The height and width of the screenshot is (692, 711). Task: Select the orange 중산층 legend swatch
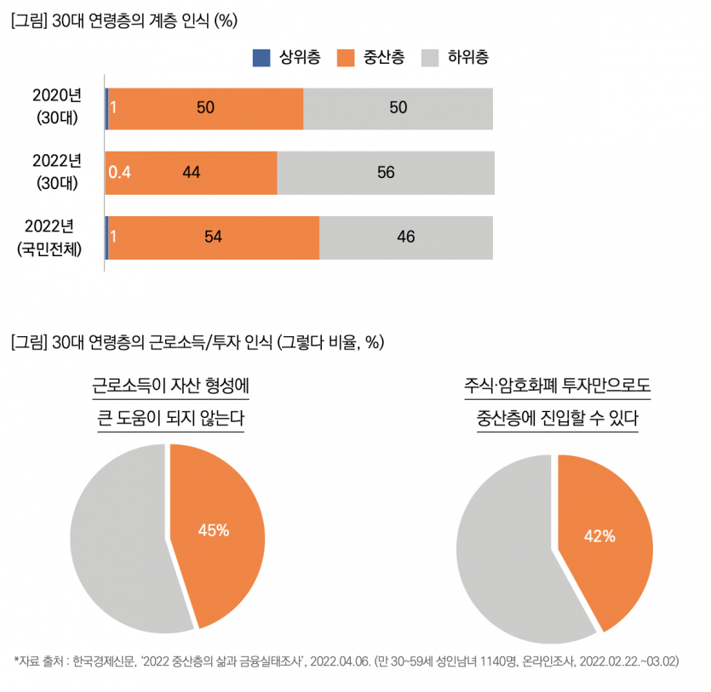(344, 58)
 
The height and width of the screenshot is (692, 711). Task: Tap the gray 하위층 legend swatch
(429, 58)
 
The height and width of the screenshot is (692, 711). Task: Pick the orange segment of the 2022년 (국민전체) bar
(255, 237)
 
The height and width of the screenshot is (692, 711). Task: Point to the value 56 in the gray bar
(386, 173)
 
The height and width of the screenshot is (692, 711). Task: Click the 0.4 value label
(119, 173)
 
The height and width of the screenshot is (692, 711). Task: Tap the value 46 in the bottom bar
(406, 237)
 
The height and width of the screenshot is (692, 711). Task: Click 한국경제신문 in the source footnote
(104, 661)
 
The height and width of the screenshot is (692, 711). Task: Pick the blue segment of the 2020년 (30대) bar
(106, 108)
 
